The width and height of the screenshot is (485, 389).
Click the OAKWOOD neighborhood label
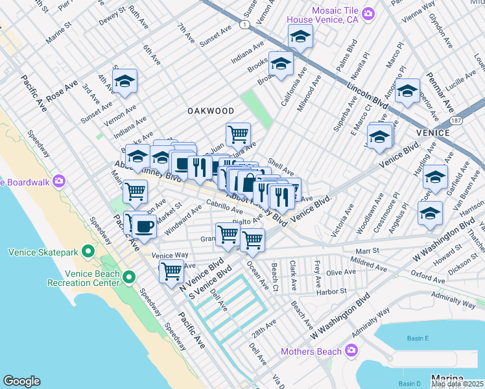211,111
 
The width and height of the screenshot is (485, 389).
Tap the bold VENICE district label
433,133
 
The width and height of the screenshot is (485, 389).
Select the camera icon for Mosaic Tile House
368,13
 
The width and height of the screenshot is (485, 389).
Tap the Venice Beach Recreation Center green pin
129,278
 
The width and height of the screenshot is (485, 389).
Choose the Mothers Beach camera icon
351,351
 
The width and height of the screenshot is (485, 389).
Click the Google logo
21,381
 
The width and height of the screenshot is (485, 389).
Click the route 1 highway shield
244,25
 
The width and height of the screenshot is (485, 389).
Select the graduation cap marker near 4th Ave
124,82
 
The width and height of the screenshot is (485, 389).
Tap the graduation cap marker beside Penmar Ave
408,91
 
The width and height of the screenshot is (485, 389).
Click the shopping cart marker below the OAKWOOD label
239,135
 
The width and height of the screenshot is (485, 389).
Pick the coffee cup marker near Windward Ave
144,227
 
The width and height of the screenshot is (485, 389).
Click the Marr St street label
367,251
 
